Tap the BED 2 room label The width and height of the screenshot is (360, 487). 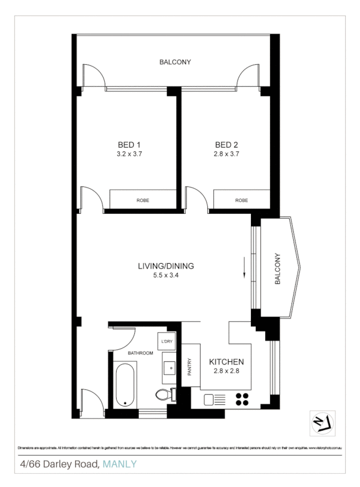pos(226,145)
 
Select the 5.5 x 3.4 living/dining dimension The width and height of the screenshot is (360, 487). pos(166,276)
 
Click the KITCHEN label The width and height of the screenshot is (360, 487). pos(226,363)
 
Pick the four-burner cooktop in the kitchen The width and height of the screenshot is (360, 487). pos(242,399)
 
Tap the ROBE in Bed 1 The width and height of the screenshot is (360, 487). pos(142,200)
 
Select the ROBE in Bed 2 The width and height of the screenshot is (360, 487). pos(241,200)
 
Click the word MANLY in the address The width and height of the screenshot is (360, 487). pos(119,465)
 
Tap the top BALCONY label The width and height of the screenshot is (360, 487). pos(175,62)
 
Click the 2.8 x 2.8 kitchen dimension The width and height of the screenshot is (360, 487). pos(226,371)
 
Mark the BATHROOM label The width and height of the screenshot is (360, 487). pos(140,353)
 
